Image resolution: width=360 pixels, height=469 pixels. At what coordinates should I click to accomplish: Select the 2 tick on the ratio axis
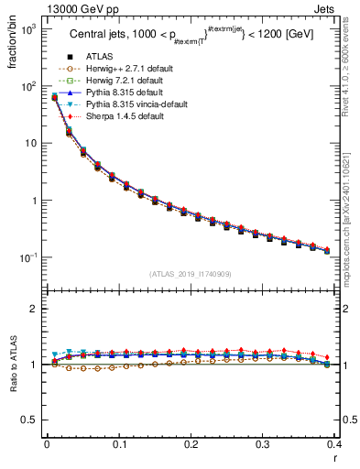38,309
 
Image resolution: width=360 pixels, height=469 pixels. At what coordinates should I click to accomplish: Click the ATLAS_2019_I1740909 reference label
190,274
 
